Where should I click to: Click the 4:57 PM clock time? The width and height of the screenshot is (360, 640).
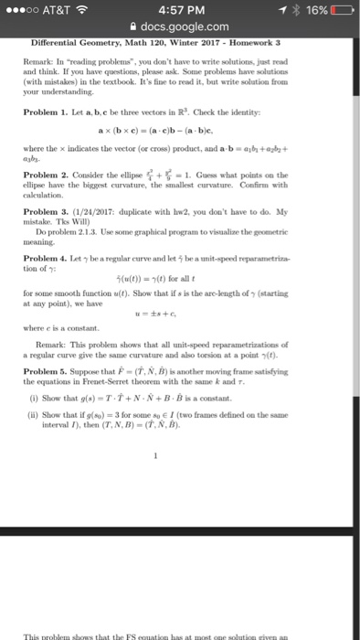click(180, 12)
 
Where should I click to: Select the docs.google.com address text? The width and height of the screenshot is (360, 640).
click(186, 29)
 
